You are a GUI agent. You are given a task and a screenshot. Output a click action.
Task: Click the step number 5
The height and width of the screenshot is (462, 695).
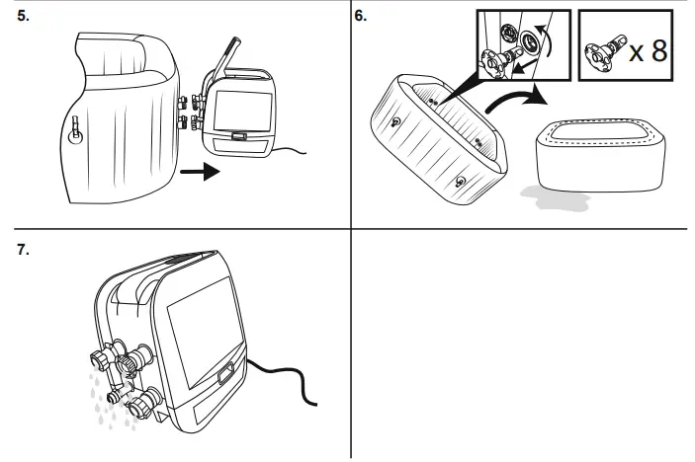click(24, 18)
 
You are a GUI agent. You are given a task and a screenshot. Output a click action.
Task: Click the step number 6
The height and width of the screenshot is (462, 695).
click(362, 18)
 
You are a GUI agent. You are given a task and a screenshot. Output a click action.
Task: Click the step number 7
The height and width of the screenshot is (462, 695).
click(24, 249)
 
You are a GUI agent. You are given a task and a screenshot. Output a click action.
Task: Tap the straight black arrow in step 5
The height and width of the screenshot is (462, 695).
click(198, 174)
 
